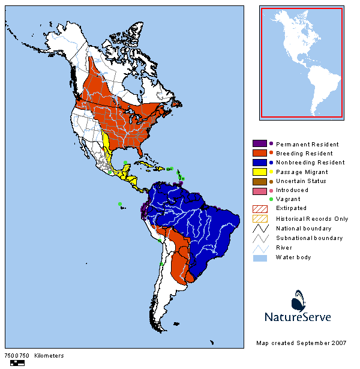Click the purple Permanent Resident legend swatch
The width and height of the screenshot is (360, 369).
(259, 144)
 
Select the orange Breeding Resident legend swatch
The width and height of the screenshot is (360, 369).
(259, 153)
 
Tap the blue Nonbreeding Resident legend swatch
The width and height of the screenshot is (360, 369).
(259, 162)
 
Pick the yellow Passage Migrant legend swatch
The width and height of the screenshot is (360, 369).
(259, 172)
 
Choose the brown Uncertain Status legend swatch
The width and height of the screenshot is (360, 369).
(259, 181)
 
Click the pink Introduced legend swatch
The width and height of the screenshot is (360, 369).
(259, 190)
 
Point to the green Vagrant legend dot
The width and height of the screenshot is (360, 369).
(271, 199)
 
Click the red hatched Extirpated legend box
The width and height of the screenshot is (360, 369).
(259, 209)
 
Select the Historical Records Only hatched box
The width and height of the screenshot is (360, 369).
(259, 218)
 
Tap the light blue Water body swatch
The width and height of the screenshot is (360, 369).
(259, 257)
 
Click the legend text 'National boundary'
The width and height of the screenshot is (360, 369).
(303, 228)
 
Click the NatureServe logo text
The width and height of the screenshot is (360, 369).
(298, 317)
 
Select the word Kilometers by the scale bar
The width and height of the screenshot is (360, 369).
(49, 356)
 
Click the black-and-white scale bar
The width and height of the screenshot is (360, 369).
(17, 362)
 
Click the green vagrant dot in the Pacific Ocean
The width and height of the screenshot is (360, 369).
(120, 204)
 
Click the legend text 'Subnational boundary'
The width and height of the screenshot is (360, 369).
(309, 238)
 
